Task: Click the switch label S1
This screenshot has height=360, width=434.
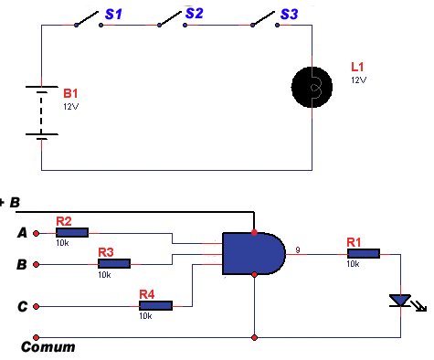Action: pyautogui.click(x=113, y=15)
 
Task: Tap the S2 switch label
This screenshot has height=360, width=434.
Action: pyautogui.click(x=194, y=13)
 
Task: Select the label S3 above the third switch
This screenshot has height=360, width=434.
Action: pyautogui.click(x=289, y=14)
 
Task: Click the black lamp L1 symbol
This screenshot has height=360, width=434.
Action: pyautogui.click(x=312, y=88)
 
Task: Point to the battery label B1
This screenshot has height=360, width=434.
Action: pyautogui.click(x=70, y=93)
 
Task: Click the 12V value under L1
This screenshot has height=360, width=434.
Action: pyautogui.click(x=358, y=80)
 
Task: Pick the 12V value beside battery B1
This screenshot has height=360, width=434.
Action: pyautogui.click(x=71, y=107)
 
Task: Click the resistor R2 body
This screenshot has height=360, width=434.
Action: pyautogui.click(x=72, y=233)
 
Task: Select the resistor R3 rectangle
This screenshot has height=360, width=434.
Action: pyautogui.click(x=114, y=264)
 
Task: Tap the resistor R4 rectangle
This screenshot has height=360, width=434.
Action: pyautogui.click(x=155, y=305)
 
